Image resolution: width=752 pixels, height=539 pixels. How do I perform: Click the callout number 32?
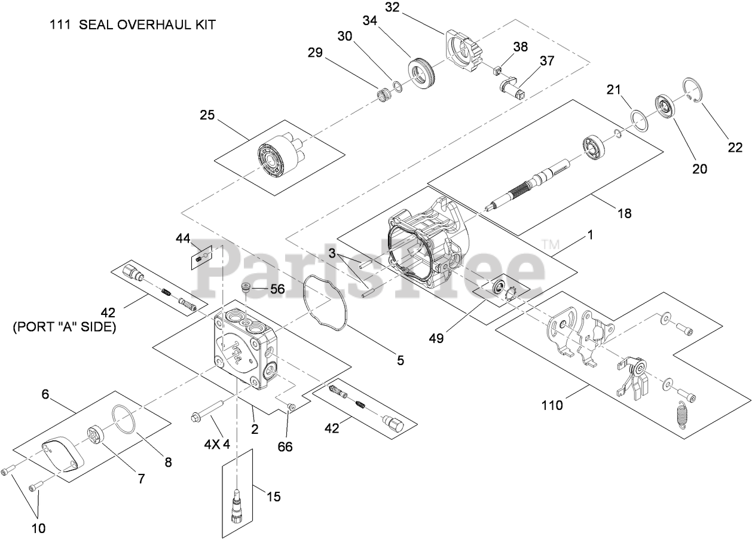point(408,7)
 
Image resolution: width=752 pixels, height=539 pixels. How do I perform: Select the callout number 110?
point(553,406)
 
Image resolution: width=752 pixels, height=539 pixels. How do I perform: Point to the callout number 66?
point(286,446)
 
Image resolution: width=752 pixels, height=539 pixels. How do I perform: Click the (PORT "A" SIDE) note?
point(65,327)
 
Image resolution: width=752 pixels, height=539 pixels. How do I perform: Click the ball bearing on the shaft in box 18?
point(595,147)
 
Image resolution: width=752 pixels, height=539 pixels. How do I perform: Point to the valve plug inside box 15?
point(237,504)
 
